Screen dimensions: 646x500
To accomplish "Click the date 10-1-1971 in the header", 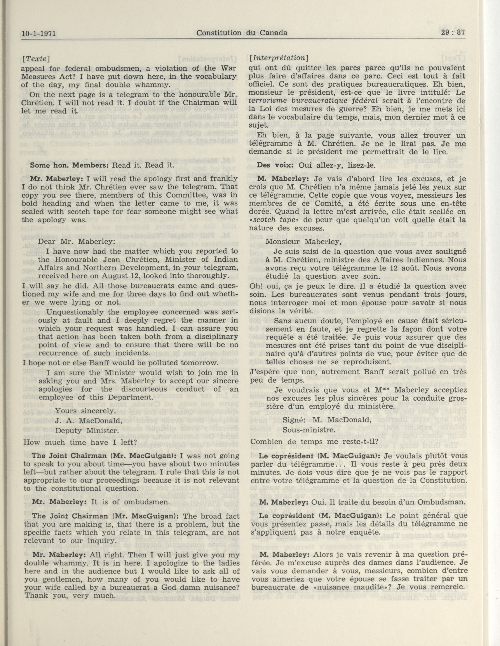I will click(x=39, y=33).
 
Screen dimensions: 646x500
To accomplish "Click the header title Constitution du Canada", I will click(x=242, y=33).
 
